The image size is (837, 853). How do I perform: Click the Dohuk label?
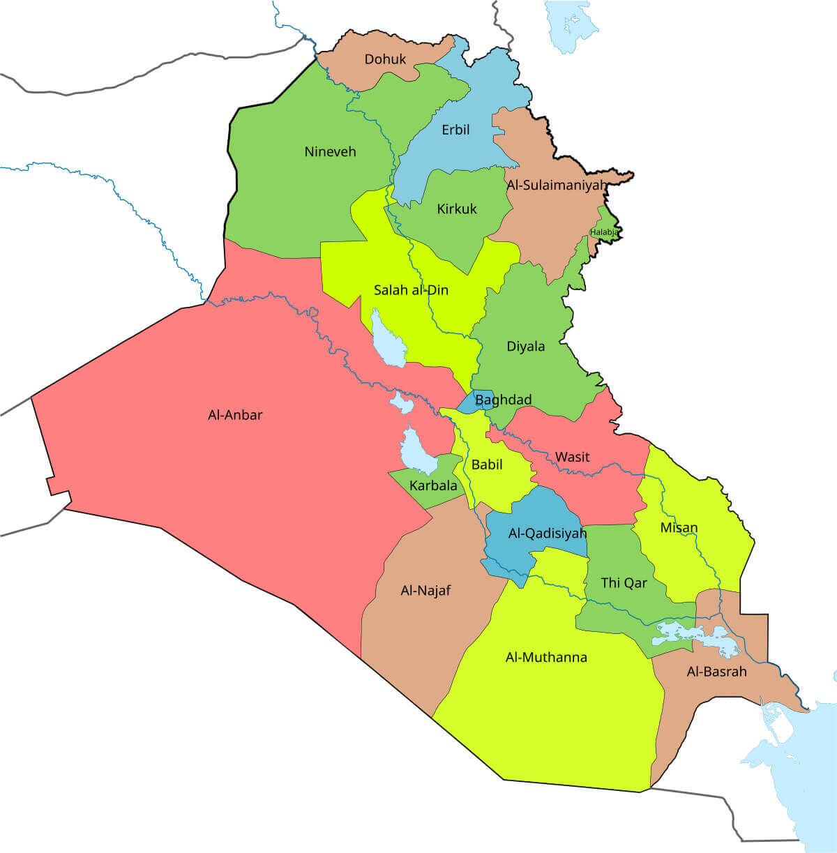tap(385, 59)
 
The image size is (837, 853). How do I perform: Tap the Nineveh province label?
tap(330, 151)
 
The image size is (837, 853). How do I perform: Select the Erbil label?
tap(455, 130)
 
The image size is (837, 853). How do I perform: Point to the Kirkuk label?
tap(456, 209)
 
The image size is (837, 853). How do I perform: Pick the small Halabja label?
tap(604, 232)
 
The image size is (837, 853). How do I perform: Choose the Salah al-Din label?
tap(411, 290)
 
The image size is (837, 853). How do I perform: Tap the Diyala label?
tap(525, 347)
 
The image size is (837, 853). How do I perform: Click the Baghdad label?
tap(503, 400)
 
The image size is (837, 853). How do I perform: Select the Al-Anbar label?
tap(235, 415)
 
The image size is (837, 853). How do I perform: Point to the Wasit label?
tap(572, 457)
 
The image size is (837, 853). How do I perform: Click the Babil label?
tap(487, 465)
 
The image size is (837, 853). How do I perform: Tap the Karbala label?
tap(433, 485)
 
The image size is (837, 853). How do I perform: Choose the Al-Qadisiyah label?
tap(547, 534)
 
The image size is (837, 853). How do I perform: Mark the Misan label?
tap(679, 527)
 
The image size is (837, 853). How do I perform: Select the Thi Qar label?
tap(624, 582)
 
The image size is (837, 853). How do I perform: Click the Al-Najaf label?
tap(425, 591)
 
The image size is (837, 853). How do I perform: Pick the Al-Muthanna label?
tap(545, 657)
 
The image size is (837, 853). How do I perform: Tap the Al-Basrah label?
tap(716, 672)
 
